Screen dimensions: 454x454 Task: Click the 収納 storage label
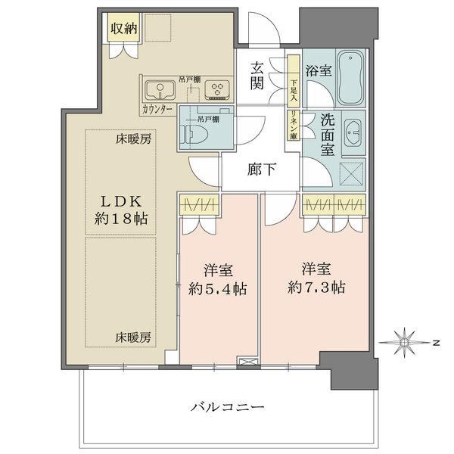124,29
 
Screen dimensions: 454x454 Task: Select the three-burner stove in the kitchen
216,90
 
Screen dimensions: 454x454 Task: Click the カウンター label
157,110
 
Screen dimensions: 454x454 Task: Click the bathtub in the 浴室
350,78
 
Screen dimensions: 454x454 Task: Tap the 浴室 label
319,70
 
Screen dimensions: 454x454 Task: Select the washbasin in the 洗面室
353,133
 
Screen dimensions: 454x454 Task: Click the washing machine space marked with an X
351,173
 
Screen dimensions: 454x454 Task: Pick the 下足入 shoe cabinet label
294,90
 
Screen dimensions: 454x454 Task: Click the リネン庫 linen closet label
294,126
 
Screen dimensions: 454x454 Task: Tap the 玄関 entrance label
257,76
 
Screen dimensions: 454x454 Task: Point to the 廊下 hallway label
261,169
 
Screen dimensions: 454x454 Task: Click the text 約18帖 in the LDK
121,219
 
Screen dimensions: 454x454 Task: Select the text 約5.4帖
218,289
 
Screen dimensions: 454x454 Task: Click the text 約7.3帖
316,288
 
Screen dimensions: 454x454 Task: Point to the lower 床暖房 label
133,337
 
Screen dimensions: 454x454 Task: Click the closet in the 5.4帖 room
198,205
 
